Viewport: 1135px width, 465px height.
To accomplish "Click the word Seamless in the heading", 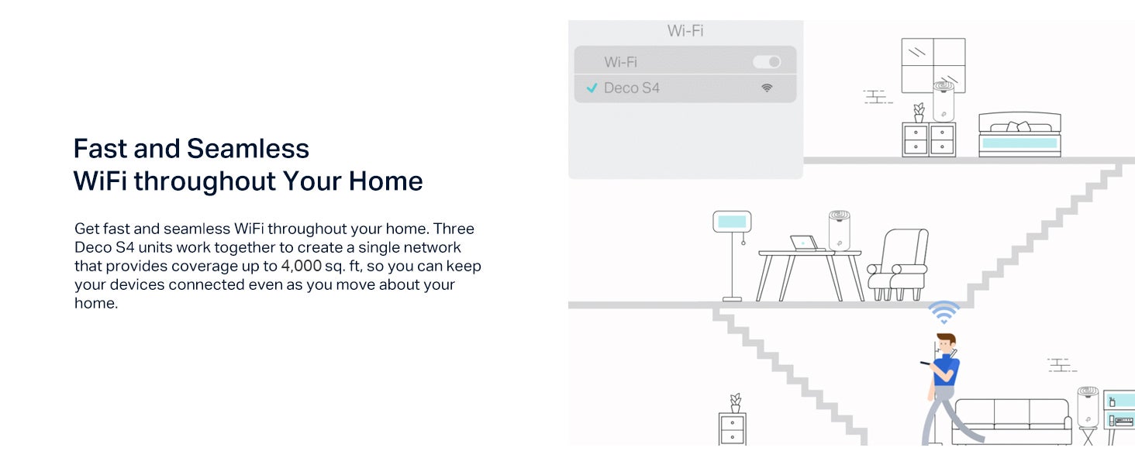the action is coord(248,149).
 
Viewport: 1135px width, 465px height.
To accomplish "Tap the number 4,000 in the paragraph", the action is coord(302,266).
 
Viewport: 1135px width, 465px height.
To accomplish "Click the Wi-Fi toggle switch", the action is coord(767,62).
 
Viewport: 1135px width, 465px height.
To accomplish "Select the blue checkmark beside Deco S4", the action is coord(592,88).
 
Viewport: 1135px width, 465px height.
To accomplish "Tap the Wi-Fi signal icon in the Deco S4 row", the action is coord(767,88).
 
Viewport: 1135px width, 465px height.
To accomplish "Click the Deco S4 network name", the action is coord(632,88).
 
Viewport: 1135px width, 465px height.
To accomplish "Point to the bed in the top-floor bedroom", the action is coord(1019,135).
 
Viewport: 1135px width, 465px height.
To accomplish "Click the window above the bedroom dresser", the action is coord(933,65).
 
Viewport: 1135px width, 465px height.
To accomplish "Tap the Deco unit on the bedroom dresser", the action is coord(944,102).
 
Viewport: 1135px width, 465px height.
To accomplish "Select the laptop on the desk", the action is coord(805,243).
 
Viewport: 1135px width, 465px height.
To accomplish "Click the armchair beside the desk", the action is coord(898,264).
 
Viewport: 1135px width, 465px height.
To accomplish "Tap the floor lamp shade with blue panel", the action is coord(732,222).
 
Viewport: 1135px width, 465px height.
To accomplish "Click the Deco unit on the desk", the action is coord(839,230).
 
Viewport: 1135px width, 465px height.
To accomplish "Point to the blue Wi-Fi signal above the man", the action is coord(944,312).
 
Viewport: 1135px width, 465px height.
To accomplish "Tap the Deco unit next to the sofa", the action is coord(1088,407).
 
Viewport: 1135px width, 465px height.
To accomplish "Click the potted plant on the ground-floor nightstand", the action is coord(735,403).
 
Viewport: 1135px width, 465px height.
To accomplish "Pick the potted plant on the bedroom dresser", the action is coord(919,112).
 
